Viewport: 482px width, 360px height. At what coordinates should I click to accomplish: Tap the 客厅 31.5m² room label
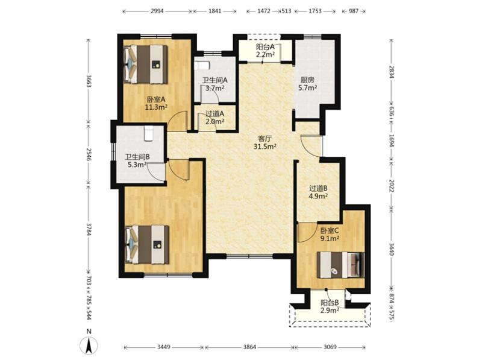coord(264,142)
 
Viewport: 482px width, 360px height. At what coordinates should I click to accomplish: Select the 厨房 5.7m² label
coord(308,84)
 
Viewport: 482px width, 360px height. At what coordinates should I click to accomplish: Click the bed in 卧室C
coord(340,265)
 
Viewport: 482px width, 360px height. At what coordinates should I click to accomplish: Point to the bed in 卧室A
coord(146,65)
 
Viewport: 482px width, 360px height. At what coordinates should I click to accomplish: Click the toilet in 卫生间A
coord(202,66)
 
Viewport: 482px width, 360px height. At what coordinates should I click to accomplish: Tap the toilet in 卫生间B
coord(148,133)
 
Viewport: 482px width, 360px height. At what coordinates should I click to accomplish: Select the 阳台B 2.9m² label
coord(330,306)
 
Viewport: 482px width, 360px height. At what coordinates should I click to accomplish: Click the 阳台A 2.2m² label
coord(265,51)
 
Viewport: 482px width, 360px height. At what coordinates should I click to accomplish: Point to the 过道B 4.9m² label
coord(318,192)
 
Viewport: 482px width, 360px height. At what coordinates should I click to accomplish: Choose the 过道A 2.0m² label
coord(214,118)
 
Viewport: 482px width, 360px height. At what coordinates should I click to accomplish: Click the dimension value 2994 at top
coord(157,11)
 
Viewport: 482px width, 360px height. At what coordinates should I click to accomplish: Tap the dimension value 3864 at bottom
coord(249,347)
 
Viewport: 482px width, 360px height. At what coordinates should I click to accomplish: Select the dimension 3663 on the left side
coord(89,81)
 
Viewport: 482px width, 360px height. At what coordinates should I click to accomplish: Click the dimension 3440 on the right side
coord(391,248)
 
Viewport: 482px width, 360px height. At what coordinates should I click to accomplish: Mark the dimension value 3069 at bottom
coord(330,347)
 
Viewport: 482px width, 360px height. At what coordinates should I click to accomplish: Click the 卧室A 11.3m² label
coord(156,103)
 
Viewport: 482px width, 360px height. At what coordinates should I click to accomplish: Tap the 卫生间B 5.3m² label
coord(137,161)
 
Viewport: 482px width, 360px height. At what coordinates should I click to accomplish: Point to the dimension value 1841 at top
coord(215,11)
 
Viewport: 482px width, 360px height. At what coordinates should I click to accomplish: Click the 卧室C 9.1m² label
coord(330,235)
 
